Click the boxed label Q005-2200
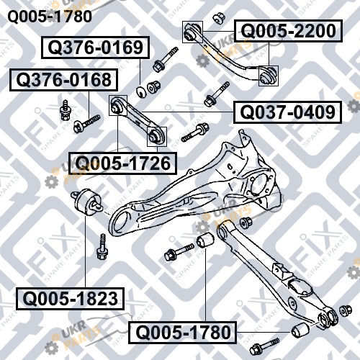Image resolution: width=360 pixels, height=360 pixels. (x=288, y=31)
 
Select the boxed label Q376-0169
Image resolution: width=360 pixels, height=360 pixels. (x=96, y=48)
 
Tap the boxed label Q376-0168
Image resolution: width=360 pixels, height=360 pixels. (x=64, y=80)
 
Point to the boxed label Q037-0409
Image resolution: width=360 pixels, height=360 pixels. (x=287, y=112)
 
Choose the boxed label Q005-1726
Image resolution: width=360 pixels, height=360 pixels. (x=123, y=163)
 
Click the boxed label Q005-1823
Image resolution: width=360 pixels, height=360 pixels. (x=70, y=299)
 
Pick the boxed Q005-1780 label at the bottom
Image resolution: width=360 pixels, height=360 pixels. (x=183, y=333)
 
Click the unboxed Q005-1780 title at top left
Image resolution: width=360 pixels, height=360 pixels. (x=50, y=17)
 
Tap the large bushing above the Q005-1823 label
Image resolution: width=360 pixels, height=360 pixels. (x=86, y=201)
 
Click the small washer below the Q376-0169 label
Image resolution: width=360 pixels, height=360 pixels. (x=141, y=91)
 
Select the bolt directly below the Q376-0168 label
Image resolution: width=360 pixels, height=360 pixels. (x=87, y=123)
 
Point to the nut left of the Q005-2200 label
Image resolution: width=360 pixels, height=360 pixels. (x=219, y=19)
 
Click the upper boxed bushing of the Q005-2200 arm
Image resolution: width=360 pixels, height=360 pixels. (x=192, y=32)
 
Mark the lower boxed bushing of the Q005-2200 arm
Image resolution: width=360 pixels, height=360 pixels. (x=269, y=76)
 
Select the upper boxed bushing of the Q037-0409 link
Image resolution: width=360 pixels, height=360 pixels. (x=118, y=105)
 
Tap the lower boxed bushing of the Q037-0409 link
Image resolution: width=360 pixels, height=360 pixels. (x=157, y=136)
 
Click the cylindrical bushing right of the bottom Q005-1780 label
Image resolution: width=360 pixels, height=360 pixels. (x=300, y=330)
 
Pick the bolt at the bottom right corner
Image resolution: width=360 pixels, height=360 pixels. (x=264, y=346)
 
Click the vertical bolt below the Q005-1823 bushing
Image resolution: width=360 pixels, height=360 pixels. (x=102, y=247)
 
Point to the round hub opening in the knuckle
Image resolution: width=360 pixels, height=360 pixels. (x=260, y=186)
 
